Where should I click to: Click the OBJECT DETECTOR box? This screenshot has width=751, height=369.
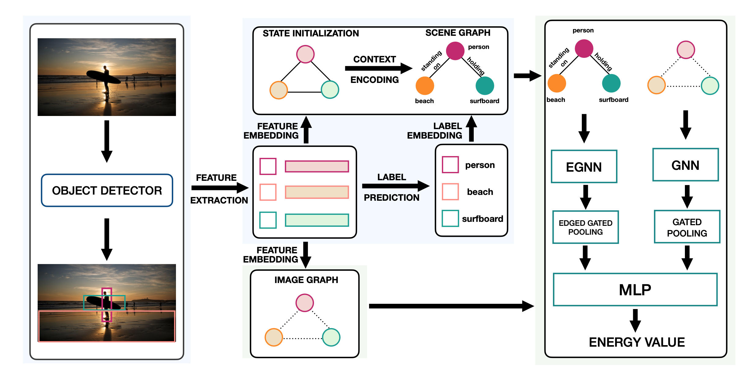pyautogui.click(x=107, y=190)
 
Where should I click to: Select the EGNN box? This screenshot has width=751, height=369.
pyautogui.click(x=584, y=167)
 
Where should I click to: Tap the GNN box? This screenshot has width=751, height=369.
pyautogui.click(x=685, y=165)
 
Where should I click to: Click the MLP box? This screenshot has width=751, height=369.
pyautogui.click(x=635, y=289)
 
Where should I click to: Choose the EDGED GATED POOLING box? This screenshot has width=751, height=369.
pyautogui.click(x=585, y=227)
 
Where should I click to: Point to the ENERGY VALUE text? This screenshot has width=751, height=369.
pyautogui.click(x=637, y=342)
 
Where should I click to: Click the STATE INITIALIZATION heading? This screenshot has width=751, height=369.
pyautogui.click(x=311, y=33)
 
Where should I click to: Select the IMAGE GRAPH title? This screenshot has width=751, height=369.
pyautogui.click(x=306, y=280)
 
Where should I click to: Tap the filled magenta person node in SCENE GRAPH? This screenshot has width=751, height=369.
pyautogui.click(x=455, y=51)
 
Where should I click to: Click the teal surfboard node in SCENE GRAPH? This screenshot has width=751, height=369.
pyautogui.click(x=485, y=86)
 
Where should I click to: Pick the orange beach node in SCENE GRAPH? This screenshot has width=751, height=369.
pyautogui.click(x=425, y=86)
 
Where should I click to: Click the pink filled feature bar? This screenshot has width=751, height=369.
pyautogui.click(x=317, y=166)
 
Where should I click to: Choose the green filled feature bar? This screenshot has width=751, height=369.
pyautogui.click(x=317, y=220)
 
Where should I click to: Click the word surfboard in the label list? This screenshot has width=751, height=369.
pyautogui.click(x=482, y=219)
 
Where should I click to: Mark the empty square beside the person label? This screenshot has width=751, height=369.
pyautogui.click(x=450, y=165)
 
